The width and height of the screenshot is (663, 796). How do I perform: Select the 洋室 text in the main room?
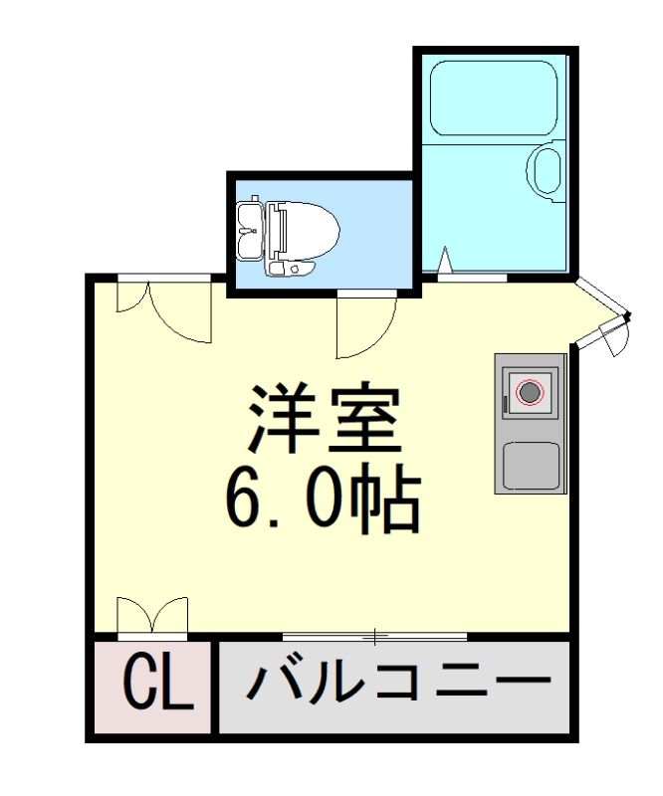click(325, 422)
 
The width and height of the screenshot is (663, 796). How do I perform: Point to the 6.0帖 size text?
click(323, 499)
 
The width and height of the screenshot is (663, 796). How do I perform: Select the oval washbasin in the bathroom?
click(547, 171)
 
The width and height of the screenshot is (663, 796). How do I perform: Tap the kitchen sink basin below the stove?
click(529, 464)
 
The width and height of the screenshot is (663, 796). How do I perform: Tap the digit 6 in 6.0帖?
click(245, 499)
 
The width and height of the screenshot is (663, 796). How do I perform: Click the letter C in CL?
click(140, 684)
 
